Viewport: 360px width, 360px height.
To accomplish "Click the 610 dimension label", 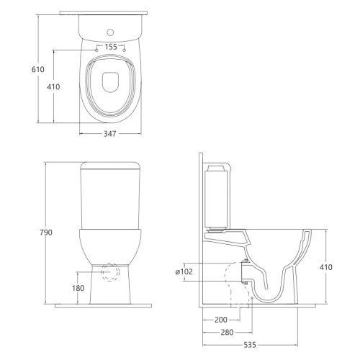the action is (x=38, y=69).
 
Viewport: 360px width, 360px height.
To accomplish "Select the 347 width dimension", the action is (x=110, y=134).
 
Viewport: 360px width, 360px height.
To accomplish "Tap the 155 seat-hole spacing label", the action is (x=111, y=47).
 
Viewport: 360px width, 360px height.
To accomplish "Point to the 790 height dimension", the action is (x=46, y=233).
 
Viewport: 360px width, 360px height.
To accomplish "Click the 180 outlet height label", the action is (x=78, y=288).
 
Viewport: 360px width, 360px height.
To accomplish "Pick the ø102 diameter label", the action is (x=184, y=271).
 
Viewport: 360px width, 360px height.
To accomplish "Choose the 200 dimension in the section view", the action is (x=221, y=320).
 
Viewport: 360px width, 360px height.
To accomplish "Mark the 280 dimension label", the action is (x=227, y=333).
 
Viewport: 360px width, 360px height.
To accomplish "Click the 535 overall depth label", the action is (x=250, y=345).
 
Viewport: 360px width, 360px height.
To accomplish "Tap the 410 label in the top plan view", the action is (x=53, y=86).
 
